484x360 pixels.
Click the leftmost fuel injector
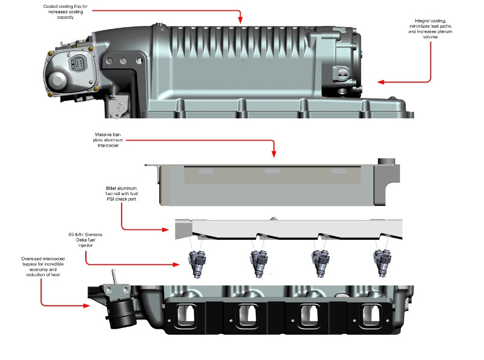tap(198, 263)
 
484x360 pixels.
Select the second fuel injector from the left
tap(258, 263)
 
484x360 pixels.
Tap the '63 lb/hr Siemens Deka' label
tap(85, 239)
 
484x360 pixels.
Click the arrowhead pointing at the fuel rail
tap(169, 230)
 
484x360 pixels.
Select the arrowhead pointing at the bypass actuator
tap(90, 306)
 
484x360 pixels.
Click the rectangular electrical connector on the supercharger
tap(79, 65)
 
